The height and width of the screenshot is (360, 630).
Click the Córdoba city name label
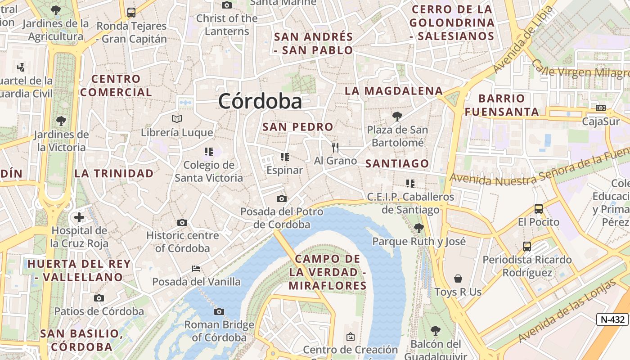pyautogui.click(x=260, y=101)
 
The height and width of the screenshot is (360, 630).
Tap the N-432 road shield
pyautogui.click(x=612, y=319)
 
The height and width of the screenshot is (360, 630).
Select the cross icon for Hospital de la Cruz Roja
pyautogui.click(x=79, y=218)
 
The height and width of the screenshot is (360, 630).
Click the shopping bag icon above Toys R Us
pyautogui.click(x=458, y=279)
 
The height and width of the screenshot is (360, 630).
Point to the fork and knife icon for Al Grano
pyautogui.click(x=335, y=147)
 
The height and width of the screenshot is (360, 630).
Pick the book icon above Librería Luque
pyautogui.click(x=177, y=119)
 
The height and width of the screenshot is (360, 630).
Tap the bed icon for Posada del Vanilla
pyautogui.click(x=196, y=269)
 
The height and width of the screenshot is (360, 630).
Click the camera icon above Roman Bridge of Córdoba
pyautogui.click(x=219, y=311)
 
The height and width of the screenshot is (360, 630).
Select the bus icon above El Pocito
pyautogui.click(x=538, y=209)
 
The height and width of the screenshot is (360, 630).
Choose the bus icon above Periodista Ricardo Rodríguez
pyautogui.click(x=527, y=247)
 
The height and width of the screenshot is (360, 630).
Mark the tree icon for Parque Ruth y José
pyautogui.click(x=418, y=228)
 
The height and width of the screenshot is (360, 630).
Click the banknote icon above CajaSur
pyautogui.click(x=601, y=108)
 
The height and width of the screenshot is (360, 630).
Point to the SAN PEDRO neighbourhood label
pyautogui.click(x=298, y=127)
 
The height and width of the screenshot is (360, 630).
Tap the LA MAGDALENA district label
pyautogui.click(x=394, y=91)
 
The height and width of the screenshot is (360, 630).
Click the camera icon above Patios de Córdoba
pyautogui.click(x=99, y=298)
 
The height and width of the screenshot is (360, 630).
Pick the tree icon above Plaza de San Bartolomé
pyautogui.click(x=397, y=117)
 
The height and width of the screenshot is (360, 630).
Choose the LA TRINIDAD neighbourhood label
pyautogui.click(x=114, y=173)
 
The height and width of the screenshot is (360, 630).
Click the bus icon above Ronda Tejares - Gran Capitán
pyautogui.click(x=131, y=13)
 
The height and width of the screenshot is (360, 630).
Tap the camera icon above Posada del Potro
pyautogui.click(x=281, y=198)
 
